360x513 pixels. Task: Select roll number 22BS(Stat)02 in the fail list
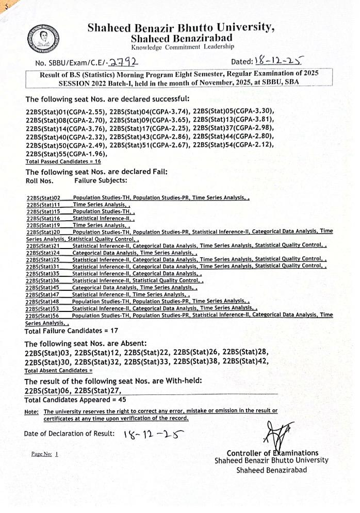[x=43, y=197]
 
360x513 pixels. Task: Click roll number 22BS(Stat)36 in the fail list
[x=43, y=280]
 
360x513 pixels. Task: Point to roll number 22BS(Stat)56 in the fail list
[x=43, y=315]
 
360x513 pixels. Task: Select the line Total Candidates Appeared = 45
[x=75, y=400]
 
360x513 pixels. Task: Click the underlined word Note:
[x=31, y=411]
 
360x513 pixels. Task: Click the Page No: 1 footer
[x=45, y=454]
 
